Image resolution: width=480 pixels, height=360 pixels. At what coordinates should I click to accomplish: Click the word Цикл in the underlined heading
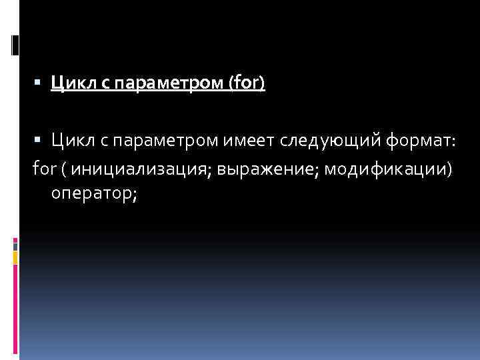click(x=71, y=84)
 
